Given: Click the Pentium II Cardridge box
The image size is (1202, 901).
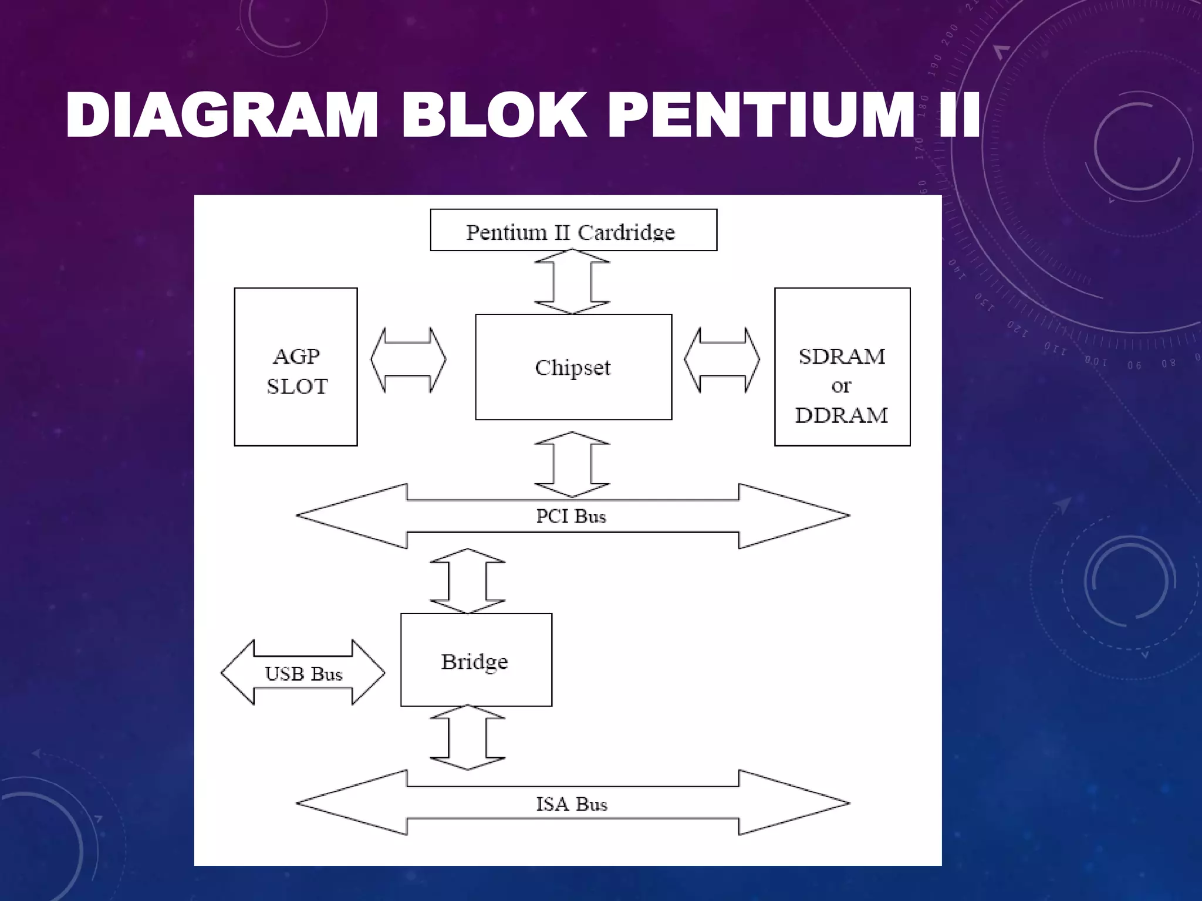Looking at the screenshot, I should [573, 231].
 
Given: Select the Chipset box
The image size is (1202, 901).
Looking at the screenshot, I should [573, 367].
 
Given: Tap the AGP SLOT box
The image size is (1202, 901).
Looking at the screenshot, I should [296, 367].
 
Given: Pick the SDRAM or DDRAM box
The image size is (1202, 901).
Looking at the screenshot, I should [842, 367].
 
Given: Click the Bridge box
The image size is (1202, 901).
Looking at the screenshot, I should [475, 660].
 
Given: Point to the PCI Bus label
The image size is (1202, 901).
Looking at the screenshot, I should [570, 516].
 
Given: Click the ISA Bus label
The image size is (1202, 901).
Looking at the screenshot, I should [571, 804].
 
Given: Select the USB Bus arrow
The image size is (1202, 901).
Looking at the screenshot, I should [303, 673].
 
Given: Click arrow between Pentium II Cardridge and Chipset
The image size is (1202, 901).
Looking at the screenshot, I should [572, 282].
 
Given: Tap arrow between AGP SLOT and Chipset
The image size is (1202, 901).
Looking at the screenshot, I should [408, 360].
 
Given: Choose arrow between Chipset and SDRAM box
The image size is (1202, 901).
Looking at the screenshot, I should [722, 360].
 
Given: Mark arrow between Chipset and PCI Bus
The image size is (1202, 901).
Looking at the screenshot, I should [572, 465].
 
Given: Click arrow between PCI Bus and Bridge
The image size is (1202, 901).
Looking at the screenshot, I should [468, 581].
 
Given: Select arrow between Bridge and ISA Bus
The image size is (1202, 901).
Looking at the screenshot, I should [468, 737].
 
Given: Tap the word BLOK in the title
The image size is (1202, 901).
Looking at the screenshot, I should [494, 116].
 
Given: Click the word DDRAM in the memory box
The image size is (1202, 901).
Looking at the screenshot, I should [842, 415].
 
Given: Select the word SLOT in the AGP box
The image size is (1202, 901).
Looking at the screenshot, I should [297, 387].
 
